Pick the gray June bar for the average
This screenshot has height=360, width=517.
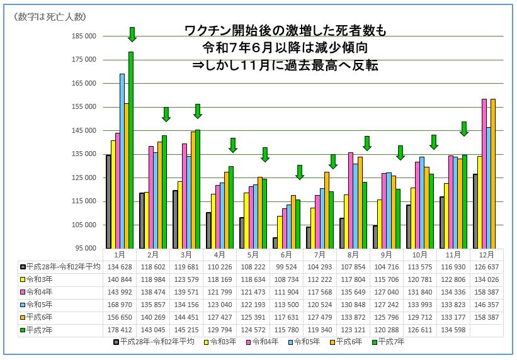tap(275, 242)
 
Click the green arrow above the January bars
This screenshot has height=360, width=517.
tap(132, 35)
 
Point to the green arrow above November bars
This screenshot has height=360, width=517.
tap(464, 128)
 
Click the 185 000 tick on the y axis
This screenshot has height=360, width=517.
tap(84, 36)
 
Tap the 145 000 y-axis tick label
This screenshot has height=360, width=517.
tap(84, 130)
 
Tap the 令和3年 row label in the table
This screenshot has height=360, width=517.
tap(43, 279)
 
